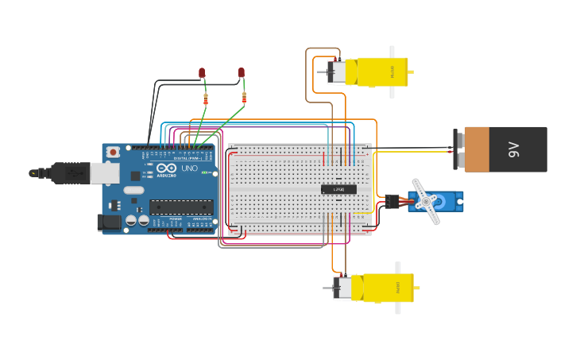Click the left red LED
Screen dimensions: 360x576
202,73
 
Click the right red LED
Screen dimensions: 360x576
242,73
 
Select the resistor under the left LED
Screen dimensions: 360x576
206,99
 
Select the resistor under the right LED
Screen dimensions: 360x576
244,99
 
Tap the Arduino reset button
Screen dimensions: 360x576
114,151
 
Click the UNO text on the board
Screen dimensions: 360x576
190,168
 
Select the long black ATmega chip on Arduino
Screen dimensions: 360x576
180,207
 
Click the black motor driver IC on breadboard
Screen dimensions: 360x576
338,189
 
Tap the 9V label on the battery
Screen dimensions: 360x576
513,149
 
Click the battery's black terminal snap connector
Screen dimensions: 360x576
458,149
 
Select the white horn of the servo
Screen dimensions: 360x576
427,201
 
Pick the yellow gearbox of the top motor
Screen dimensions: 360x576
382,72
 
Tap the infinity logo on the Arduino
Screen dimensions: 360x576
166,168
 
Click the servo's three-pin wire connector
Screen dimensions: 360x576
392,200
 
